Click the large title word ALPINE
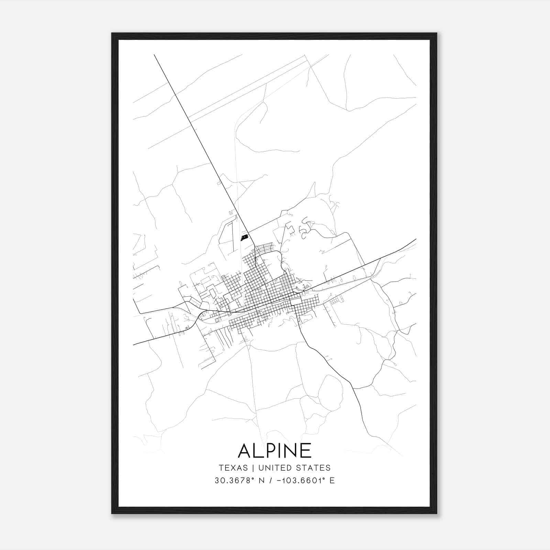pyautogui.click(x=275, y=450)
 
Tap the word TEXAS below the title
pyautogui.click(x=233, y=468)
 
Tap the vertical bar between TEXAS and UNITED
pyautogui.click(x=253, y=468)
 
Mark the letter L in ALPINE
pyautogui.click(x=260, y=450)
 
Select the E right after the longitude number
pyautogui.click(x=332, y=481)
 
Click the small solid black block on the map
pyautogui.click(x=244, y=238)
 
